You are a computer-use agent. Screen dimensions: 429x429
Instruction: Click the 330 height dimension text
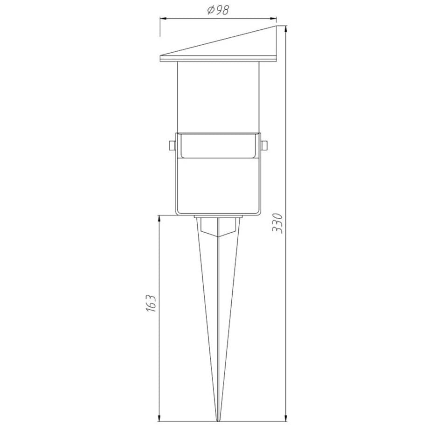[278, 223]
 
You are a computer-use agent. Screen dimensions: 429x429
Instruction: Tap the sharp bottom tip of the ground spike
[217, 421]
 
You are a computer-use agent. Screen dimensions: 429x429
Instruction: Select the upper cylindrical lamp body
[218, 96]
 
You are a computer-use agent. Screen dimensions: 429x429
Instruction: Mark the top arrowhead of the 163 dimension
[159, 218]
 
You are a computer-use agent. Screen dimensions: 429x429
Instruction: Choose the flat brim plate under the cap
[218, 59]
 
